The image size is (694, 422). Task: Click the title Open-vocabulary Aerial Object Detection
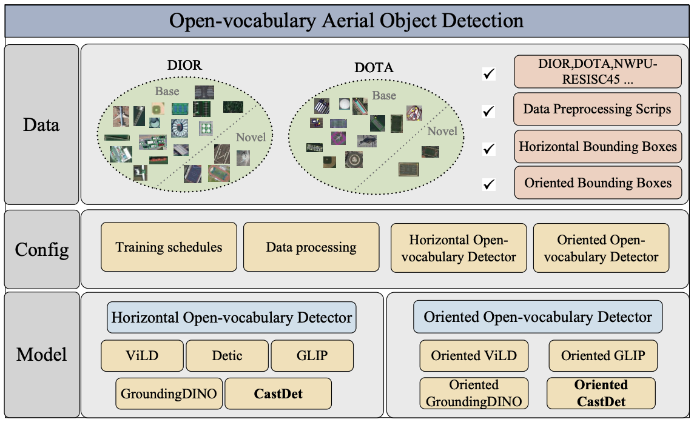[346, 21]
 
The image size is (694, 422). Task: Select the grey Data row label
[41, 125]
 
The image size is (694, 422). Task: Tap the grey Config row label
[41, 249]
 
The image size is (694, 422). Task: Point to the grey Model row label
[41, 354]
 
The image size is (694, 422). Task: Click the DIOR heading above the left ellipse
[184, 65]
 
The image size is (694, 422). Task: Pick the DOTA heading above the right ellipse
[374, 68]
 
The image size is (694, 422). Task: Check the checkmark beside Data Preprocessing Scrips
[488, 112]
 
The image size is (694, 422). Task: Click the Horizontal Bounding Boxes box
[598, 146]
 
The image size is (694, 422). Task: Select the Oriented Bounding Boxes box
[598, 183]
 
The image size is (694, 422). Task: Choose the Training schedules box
[169, 247]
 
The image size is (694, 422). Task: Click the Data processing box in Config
[311, 247]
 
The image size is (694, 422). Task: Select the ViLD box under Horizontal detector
[142, 355]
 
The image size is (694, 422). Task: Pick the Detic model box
[227, 355]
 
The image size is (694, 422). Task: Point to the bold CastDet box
[278, 394]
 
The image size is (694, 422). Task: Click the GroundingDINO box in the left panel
[169, 394]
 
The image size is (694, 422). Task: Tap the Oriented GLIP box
[602, 355]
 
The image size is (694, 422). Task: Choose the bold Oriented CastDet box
[601, 393]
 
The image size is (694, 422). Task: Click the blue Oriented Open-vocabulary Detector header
[537, 318]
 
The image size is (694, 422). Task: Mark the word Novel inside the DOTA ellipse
[442, 131]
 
